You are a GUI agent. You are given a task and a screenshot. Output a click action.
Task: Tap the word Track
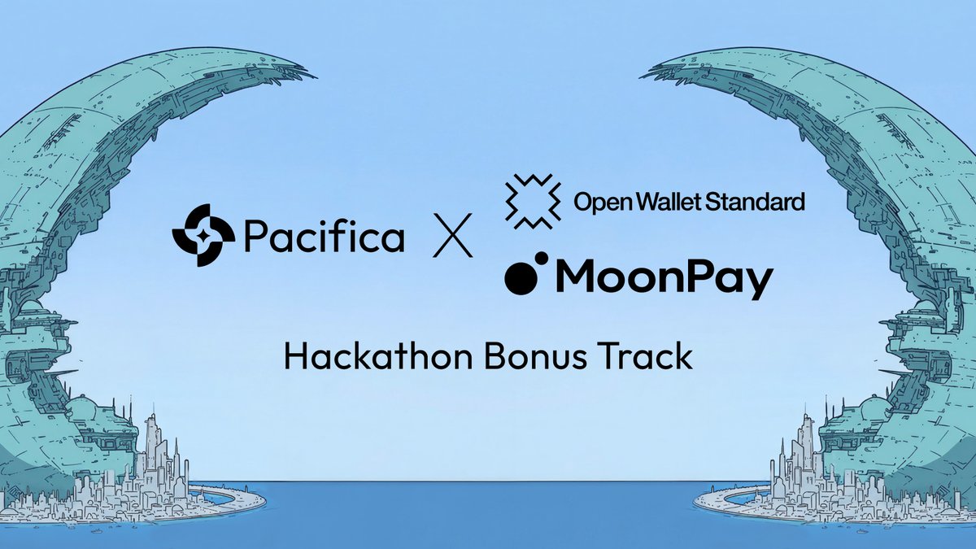(649, 356)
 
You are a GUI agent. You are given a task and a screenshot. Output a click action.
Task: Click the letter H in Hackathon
(294, 356)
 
